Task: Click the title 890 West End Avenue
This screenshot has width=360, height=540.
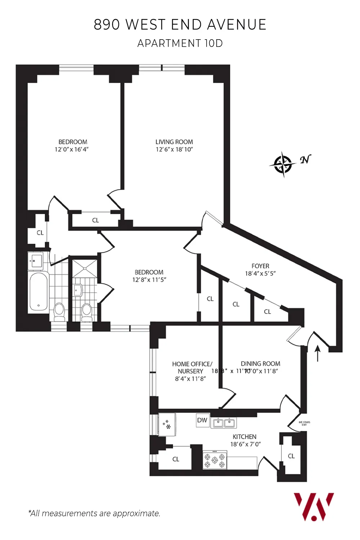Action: point(180,24)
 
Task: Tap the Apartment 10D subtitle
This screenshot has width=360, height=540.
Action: point(180,43)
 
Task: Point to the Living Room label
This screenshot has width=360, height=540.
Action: point(174,142)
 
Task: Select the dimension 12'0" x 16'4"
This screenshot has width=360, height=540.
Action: point(72,149)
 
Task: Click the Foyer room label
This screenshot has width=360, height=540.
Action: point(260,266)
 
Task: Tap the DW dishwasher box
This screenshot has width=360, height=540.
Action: point(202,420)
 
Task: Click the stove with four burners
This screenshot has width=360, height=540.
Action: point(215,460)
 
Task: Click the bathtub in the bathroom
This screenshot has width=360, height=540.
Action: point(39,292)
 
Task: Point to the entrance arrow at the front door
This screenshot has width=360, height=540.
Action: point(318,354)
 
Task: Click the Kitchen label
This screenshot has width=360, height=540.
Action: point(244,436)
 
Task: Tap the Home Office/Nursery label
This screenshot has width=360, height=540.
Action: point(192,367)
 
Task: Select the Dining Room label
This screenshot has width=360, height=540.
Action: point(260,364)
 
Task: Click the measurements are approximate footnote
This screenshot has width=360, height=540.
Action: point(94,513)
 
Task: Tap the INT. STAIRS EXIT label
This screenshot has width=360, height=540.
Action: point(304,423)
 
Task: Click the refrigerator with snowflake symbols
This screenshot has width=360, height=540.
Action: point(167,424)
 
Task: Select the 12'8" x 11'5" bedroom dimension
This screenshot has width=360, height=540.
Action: point(149,280)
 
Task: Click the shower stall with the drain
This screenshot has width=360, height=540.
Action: point(85,268)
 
